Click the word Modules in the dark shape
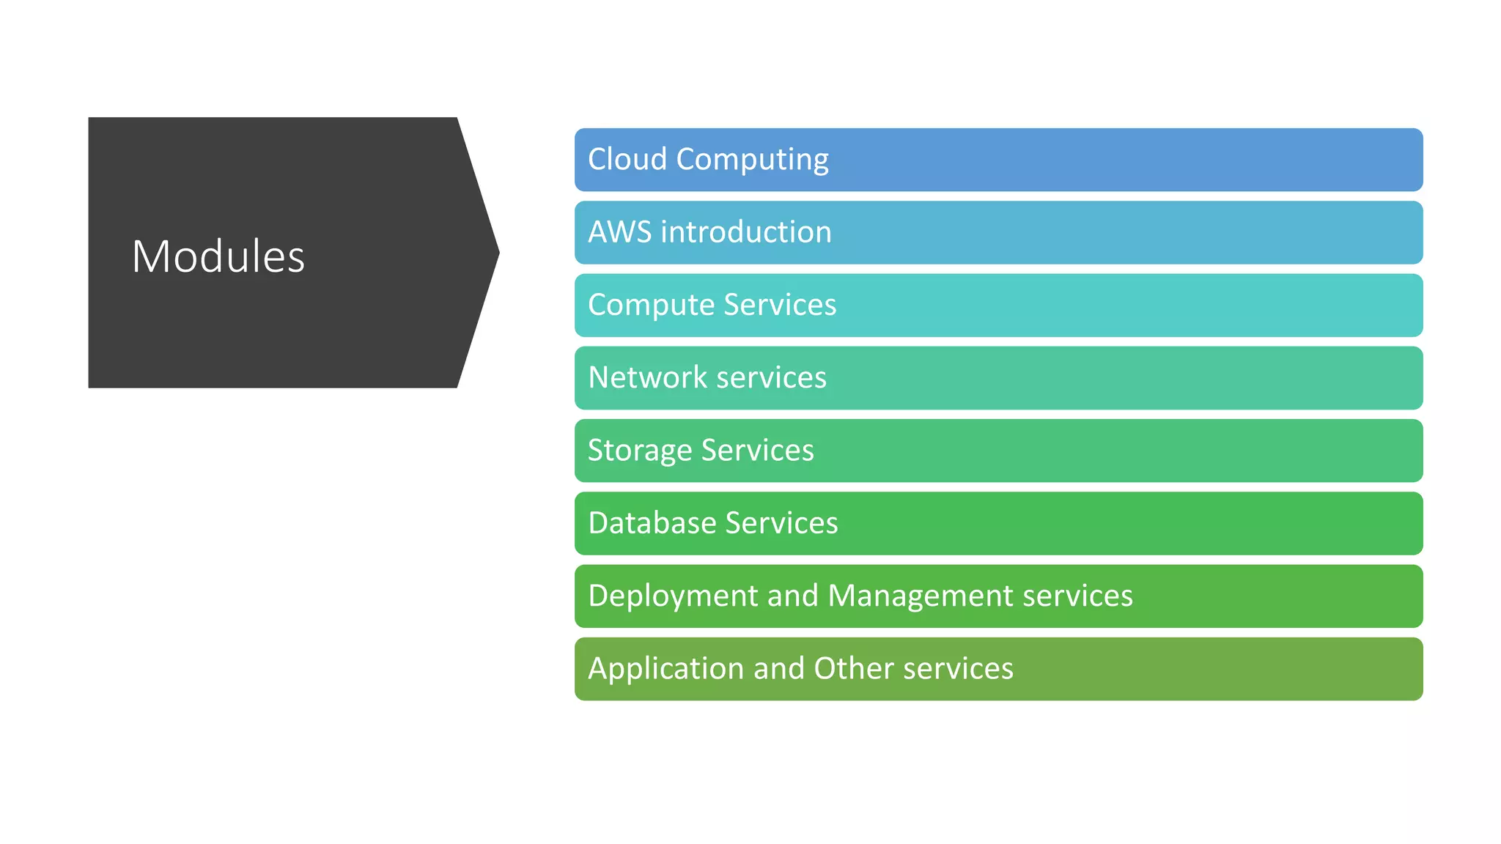point(218,256)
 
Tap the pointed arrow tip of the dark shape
point(496,253)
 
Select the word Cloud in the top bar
point(627,159)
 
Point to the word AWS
point(619,232)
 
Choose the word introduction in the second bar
point(746,232)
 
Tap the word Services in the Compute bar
point(780,305)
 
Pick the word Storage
point(640,451)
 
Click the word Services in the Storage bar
point(757,450)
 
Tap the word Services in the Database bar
point(781,523)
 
